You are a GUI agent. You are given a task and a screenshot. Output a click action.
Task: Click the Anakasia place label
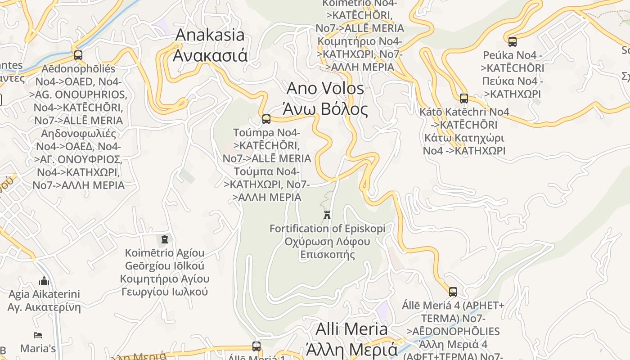tap(210, 45)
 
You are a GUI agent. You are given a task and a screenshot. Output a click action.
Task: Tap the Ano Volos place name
tap(325, 99)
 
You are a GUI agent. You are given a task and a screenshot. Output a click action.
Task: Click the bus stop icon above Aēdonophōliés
tap(78, 55)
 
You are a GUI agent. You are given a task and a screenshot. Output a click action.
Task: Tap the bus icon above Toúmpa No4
tap(266, 119)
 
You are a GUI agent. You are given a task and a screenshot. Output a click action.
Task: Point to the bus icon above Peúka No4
tap(513, 42)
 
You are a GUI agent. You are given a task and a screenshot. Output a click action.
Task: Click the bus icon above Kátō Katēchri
tap(464, 99)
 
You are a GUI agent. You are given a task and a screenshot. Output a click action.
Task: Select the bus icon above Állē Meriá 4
tap(453, 292)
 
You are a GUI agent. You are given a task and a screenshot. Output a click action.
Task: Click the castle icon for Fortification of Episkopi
tap(328, 215)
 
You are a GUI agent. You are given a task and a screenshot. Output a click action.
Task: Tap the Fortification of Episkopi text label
tap(328, 242)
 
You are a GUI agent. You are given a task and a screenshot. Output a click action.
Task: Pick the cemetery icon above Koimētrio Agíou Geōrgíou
tap(165, 239)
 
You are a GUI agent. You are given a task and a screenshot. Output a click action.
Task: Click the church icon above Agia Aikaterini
tap(44, 281)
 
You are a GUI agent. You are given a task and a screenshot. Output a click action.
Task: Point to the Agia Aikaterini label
tap(44, 301)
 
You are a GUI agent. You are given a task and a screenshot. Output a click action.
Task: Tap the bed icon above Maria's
tap(38, 335)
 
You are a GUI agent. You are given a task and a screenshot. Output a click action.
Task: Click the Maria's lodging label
tap(38, 348)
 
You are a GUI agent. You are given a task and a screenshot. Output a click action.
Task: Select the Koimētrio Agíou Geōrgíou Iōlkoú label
tap(165, 272)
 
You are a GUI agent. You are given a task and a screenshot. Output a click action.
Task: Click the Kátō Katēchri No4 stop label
tap(464, 131)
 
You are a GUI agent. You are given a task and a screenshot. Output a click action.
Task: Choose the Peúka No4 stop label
tap(513, 75)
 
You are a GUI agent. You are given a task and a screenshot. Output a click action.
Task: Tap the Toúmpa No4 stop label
tap(266, 165)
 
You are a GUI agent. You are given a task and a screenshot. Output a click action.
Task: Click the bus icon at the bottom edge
tap(256, 346)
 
